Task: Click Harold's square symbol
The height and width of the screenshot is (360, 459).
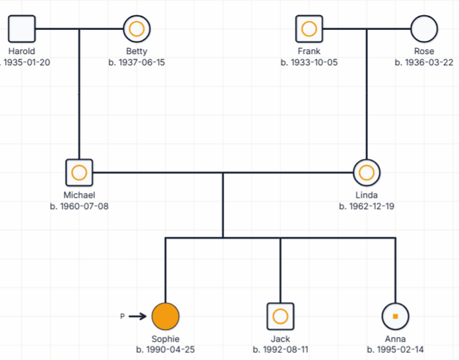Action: [22, 29]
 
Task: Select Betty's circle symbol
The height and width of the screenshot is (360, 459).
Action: [137, 29]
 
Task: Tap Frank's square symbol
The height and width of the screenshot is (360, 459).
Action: [309, 29]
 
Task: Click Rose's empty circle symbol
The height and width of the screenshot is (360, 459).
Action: [424, 29]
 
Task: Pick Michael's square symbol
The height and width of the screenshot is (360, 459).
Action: [79, 173]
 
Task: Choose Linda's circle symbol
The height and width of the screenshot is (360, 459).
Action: [367, 173]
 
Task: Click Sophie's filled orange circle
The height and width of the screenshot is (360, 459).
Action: [166, 316]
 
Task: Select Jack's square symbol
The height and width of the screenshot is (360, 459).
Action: [280, 316]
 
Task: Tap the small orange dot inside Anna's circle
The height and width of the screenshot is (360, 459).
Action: [396, 316]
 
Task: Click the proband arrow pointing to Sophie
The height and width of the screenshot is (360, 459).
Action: [137, 316]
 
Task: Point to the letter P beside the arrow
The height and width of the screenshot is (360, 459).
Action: [122, 317]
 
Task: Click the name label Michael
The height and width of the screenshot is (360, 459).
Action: [79, 195]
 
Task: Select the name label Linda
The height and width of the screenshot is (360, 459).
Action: [367, 195]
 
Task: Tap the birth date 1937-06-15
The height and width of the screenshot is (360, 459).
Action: [137, 63]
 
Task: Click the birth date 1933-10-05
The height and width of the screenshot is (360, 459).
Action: [309, 63]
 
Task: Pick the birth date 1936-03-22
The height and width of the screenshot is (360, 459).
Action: [424, 63]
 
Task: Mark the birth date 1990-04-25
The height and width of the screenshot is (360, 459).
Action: [166, 349]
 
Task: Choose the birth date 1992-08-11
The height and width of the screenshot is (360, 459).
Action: [280, 349]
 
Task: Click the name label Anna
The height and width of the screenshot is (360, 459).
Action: [396, 339]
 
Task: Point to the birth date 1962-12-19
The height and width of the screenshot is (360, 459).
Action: [367, 206]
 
